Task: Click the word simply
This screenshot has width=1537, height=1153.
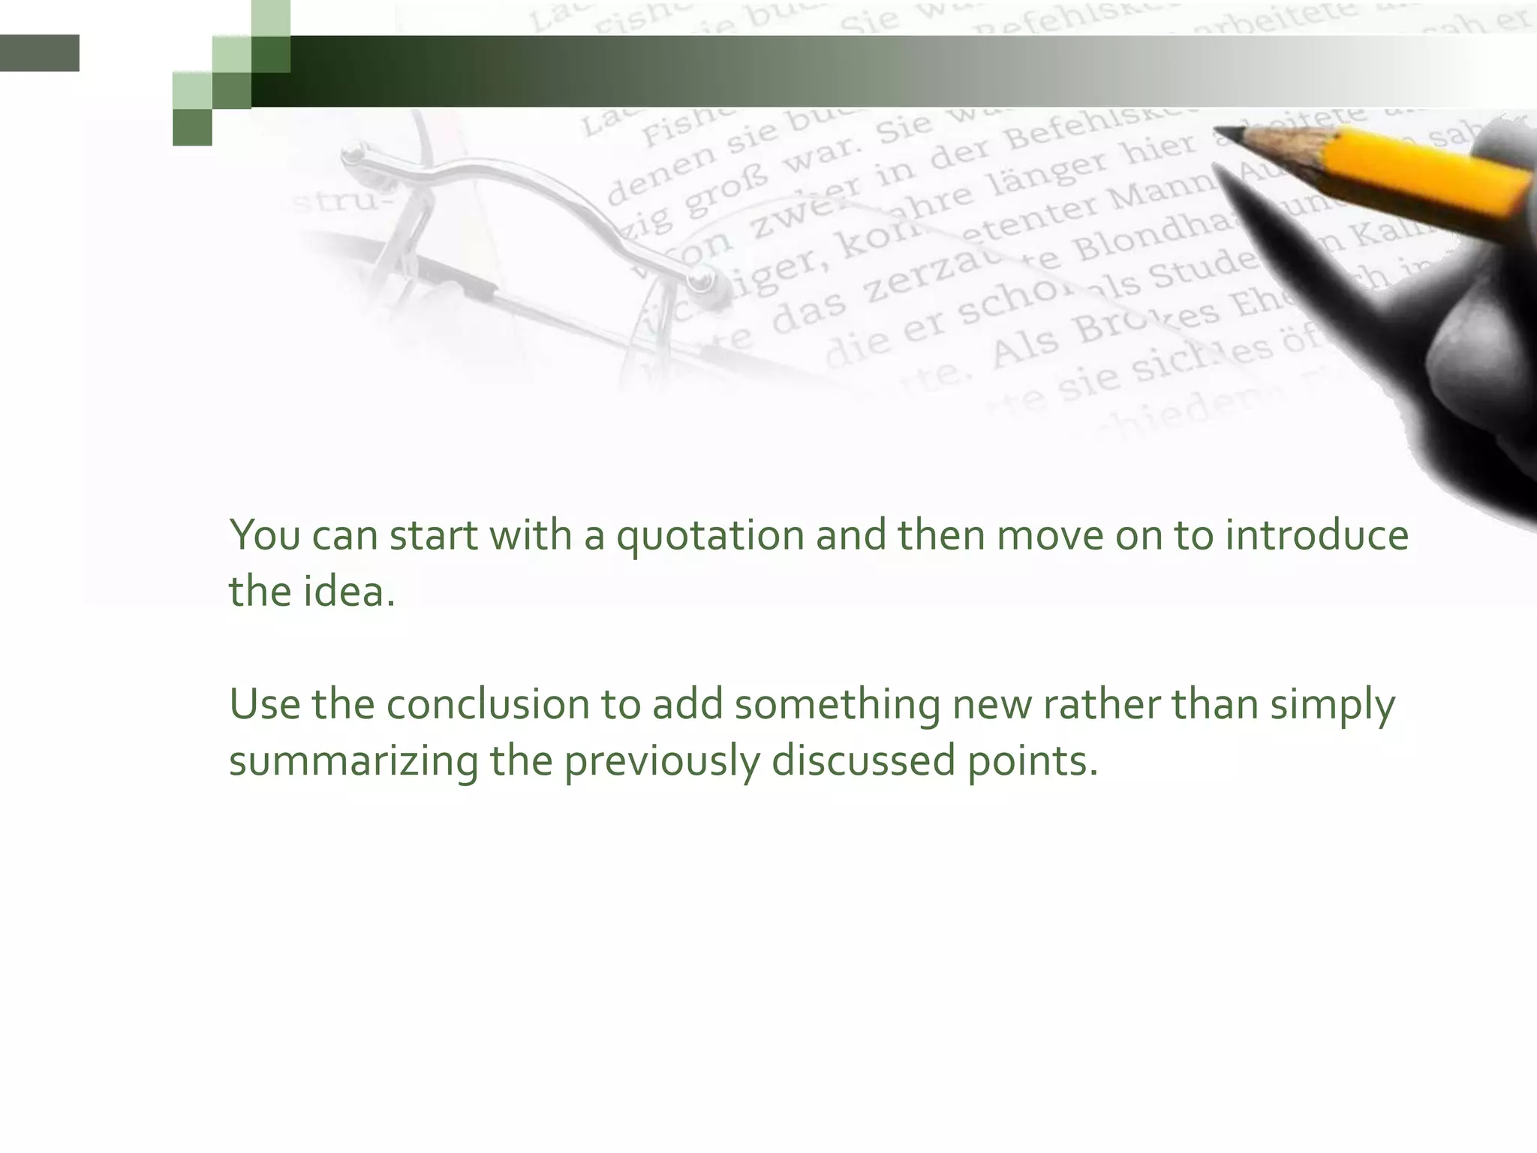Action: point(1332,706)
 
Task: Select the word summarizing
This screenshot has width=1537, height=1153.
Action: point(353,761)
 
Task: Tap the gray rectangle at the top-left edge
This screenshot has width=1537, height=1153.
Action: point(39,53)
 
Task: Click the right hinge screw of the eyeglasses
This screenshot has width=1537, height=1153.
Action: point(702,282)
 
